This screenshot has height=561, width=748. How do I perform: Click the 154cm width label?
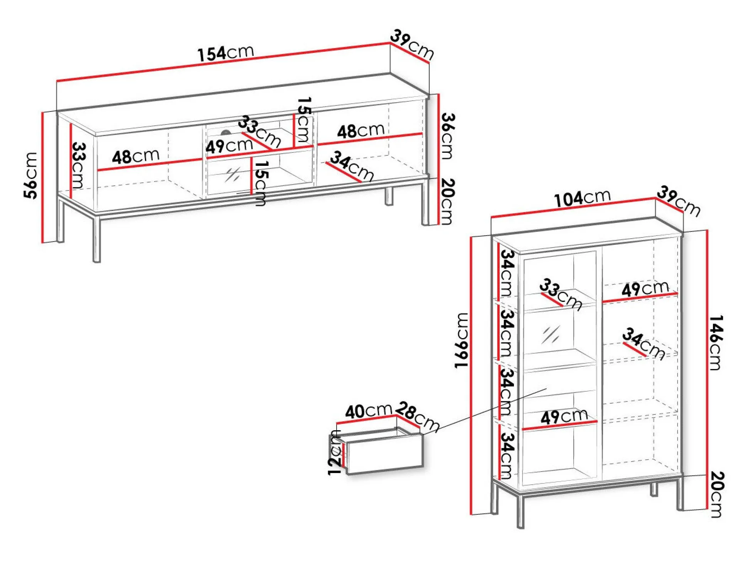tap(226, 53)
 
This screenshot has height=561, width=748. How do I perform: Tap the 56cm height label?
tap(30, 175)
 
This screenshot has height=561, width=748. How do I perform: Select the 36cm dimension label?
tap(447, 136)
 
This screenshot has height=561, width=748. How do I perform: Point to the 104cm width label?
tap(582, 198)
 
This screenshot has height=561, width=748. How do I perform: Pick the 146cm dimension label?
tap(716, 343)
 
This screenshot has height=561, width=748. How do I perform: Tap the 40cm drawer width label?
tap(368, 411)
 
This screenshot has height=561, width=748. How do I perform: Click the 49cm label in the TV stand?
tap(229, 146)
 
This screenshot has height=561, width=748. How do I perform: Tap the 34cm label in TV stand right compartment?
tap(352, 166)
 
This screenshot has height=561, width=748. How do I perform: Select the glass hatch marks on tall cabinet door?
tap(551, 334)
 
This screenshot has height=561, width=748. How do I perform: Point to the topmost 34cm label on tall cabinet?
tap(507, 273)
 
